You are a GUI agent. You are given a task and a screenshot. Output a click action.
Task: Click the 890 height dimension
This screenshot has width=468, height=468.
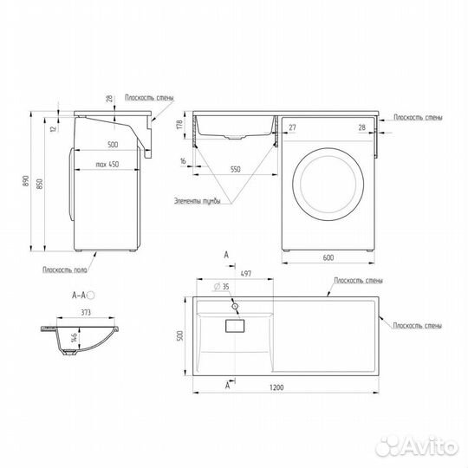[x=27, y=183]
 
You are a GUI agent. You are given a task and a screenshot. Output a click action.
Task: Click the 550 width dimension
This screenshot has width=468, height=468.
[x=230, y=170]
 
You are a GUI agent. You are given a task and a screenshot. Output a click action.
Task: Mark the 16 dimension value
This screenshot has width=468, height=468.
[x=185, y=161]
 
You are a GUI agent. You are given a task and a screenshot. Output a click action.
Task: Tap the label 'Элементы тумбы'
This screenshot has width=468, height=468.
[x=197, y=202]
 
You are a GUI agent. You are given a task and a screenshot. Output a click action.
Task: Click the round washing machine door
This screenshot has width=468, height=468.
[x=324, y=185]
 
